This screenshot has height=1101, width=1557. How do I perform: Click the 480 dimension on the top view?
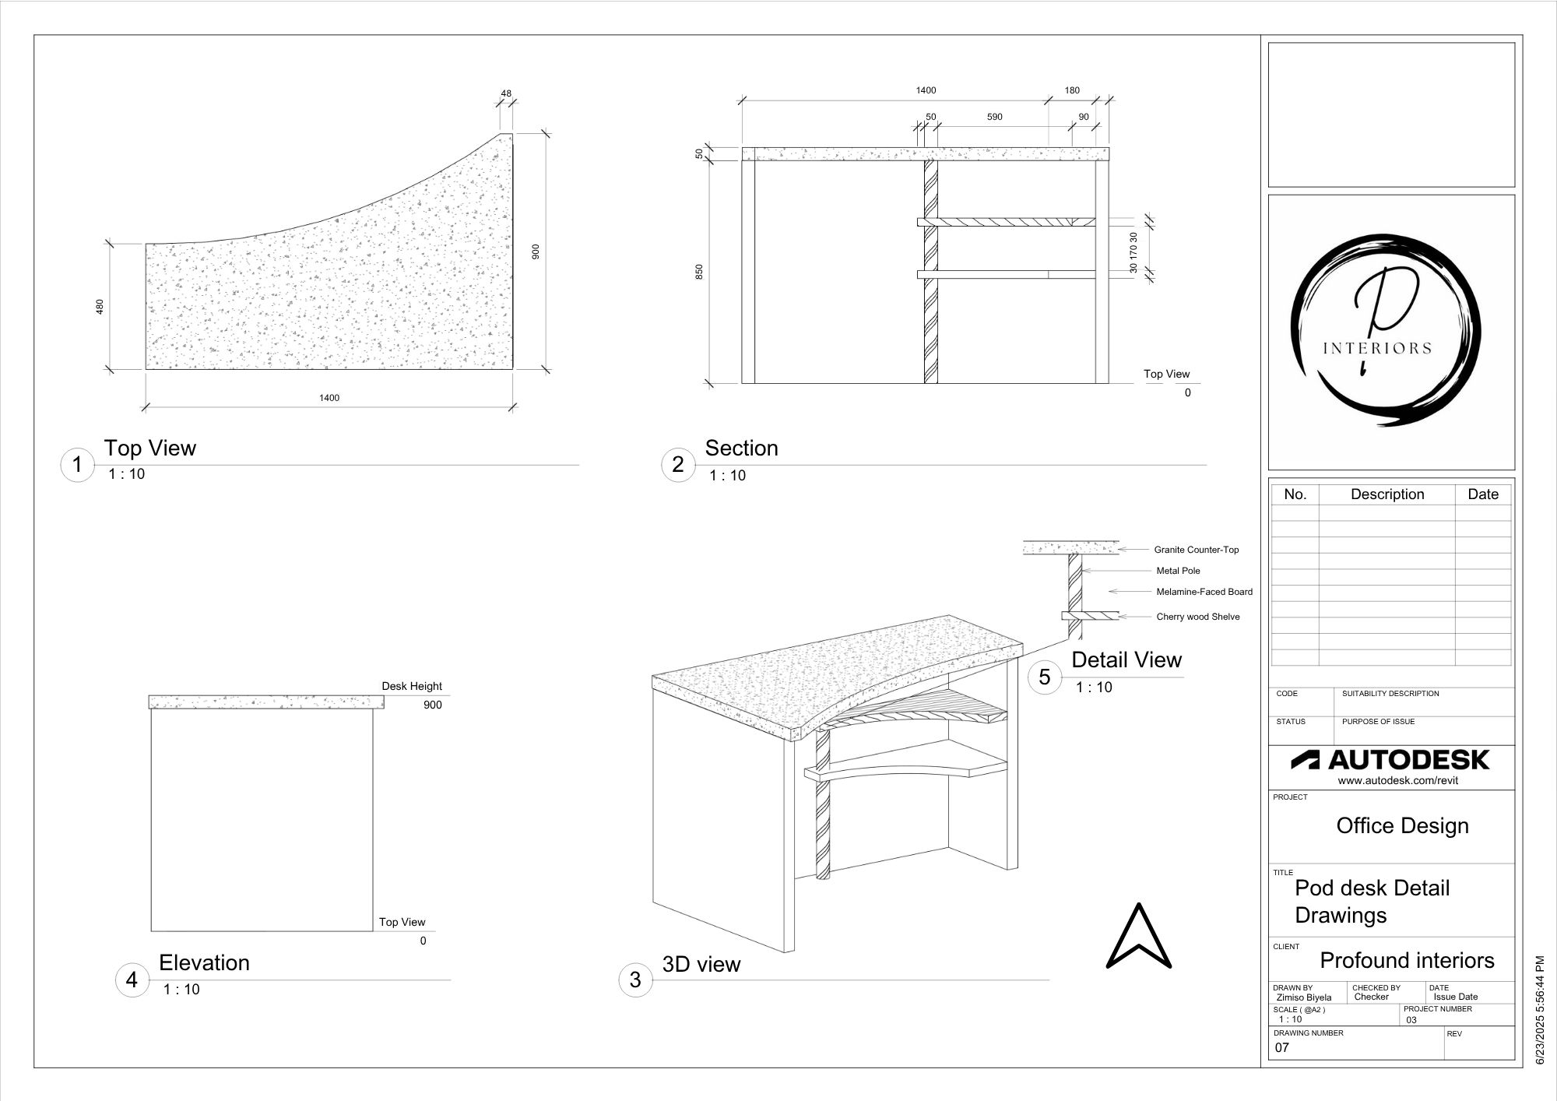click(100, 307)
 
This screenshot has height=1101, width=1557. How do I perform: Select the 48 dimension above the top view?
click(506, 93)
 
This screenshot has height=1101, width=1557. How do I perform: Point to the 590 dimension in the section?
click(994, 117)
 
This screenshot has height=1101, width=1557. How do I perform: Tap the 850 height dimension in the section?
click(699, 272)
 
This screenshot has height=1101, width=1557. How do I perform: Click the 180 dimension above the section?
click(1072, 90)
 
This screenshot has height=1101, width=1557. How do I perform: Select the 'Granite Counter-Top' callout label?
click(1196, 550)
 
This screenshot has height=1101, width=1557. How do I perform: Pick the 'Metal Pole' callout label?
click(1178, 571)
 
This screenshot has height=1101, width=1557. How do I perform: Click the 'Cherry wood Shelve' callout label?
click(1197, 617)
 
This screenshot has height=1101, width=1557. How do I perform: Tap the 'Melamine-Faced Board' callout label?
click(1204, 592)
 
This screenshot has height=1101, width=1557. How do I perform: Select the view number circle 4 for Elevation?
click(132, 980)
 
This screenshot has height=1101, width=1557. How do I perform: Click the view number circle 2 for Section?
click(677, 465)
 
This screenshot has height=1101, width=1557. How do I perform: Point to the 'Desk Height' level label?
click(411, 686)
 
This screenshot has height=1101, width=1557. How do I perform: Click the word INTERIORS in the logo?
click(1377, 348)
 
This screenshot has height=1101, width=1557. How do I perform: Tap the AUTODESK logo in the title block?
click(1390, 760)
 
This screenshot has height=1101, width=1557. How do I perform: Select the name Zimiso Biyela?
click(1303, 997)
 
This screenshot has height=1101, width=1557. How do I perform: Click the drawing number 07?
click(1281, 1048)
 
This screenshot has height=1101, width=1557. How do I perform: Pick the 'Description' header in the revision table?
click(1387, 494)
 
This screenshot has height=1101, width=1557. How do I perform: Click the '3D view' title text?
click(701, 964)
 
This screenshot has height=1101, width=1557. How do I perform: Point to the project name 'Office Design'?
click(1402, 825)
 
